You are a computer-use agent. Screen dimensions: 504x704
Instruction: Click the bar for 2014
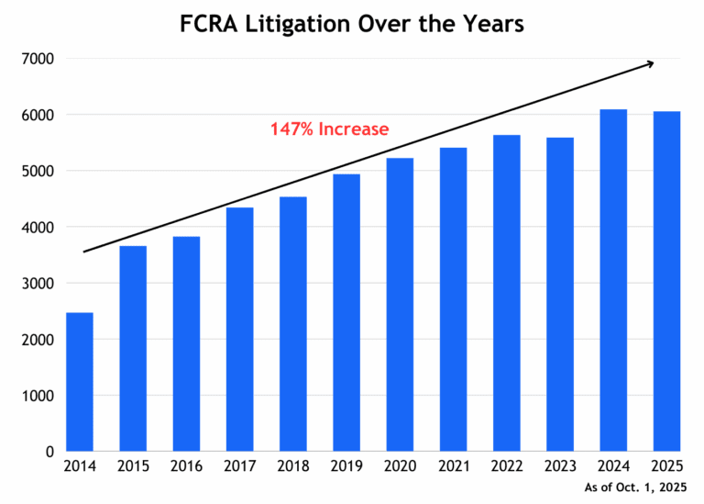[79, 382]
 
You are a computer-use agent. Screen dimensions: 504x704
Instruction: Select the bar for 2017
[239, 330]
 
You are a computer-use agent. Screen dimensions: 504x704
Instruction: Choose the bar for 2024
[613, 280]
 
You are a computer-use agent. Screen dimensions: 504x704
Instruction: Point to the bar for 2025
[666, 281]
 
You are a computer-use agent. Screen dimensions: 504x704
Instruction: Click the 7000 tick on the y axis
[38, 60]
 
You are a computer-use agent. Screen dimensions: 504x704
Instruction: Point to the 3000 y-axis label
[38, 284]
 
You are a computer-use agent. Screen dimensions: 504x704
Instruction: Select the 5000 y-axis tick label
[38, 172]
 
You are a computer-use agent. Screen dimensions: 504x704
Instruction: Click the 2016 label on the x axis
[186, 468]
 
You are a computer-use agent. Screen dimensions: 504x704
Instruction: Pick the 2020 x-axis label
[400, 468]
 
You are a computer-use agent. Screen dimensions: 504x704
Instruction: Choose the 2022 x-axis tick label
[506, 468]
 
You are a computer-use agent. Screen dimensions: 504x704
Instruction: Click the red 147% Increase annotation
[329, 129]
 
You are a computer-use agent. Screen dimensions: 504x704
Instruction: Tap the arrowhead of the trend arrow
[649, 63]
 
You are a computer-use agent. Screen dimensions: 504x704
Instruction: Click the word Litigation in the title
[303, 23]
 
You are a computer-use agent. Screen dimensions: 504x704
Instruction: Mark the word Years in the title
[493, 23]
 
